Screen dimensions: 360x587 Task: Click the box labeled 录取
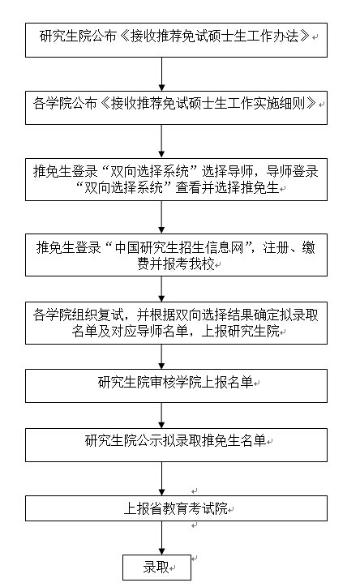click(x=156, y=568)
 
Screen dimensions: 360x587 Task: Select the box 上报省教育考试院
click(x=176, y=508)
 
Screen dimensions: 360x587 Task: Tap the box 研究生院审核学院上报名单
click(x=176, y=386)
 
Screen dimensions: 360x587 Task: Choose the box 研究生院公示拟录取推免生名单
click(x=176, y=445)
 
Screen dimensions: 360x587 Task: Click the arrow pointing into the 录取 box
click(x=161, y=538)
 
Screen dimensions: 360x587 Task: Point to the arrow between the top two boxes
click(x=161, y=74)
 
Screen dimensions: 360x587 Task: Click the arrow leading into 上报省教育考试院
click(x=161, y=479)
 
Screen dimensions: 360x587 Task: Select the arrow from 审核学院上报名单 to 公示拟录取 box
click(x=161, y=416)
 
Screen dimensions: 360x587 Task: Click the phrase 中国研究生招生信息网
click(x=179, y=247)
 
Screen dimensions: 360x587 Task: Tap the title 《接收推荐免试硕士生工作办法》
click(x=216, y=36)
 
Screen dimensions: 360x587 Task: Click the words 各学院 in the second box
click(x=52, y=103)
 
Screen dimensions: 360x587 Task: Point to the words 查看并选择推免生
click(x=228, y=187)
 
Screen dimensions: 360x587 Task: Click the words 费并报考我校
click(x=176, y=264)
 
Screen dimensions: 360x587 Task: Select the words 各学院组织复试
click(x=78, y=315)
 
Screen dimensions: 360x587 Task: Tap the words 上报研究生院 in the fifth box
click(x=241, y=332)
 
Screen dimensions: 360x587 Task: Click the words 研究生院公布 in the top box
click(x=78, y=36)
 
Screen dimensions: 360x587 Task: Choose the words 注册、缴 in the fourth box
click(x=289, y=247)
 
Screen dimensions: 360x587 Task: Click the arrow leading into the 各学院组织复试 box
click(x=161, y=289)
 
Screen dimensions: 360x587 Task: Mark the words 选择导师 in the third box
click(x=228, y=171)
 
